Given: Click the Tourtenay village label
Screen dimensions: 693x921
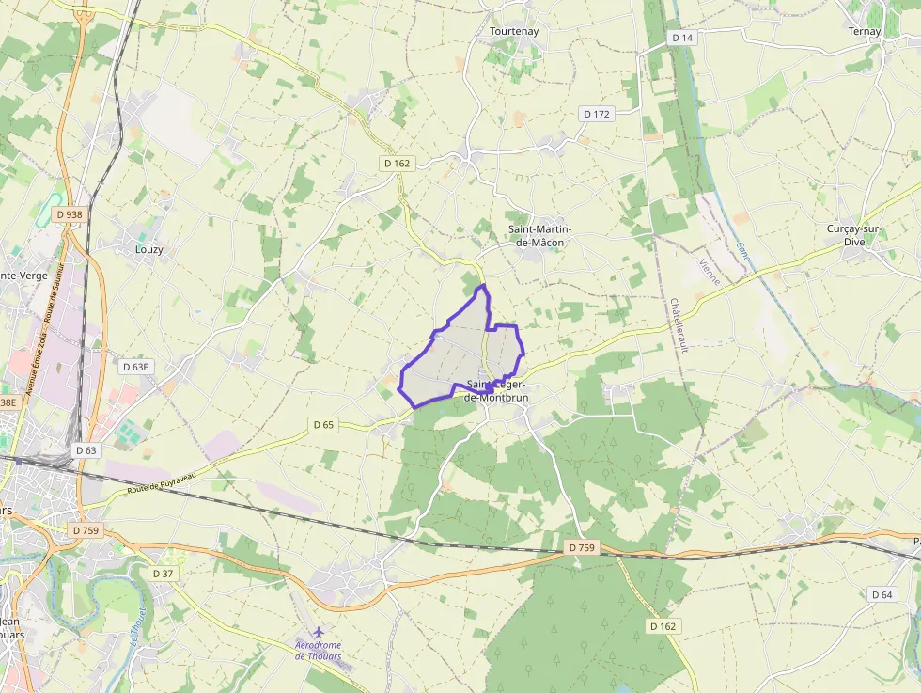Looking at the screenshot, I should (515, 31).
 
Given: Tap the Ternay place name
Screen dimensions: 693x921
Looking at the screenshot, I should (865, 31).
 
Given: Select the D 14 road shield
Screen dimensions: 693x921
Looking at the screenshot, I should (682, 38).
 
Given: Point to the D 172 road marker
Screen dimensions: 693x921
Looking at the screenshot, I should (597, 114).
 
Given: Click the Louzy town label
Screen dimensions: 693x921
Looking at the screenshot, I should (148, 249).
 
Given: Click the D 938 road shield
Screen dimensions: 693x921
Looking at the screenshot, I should (70, 214).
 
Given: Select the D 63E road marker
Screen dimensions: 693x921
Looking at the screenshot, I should (136, 366).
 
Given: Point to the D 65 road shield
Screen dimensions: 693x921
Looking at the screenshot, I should (322, 425).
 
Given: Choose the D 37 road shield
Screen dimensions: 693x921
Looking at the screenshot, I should (164, 573).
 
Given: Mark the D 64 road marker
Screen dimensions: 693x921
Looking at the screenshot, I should (882, 594).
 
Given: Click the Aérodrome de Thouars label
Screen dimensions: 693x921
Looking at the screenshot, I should (318, 651).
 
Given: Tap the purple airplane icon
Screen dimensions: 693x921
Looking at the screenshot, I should (318, 630).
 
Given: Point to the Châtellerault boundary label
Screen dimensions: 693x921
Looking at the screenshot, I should (679, 325).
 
